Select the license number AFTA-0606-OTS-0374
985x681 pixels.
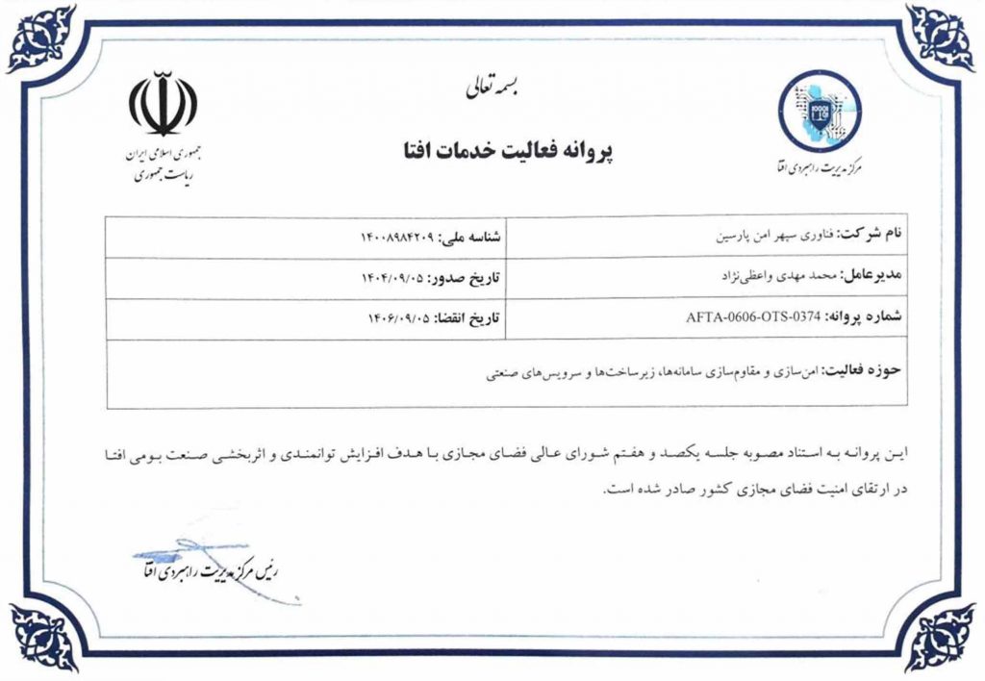(750, 317)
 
